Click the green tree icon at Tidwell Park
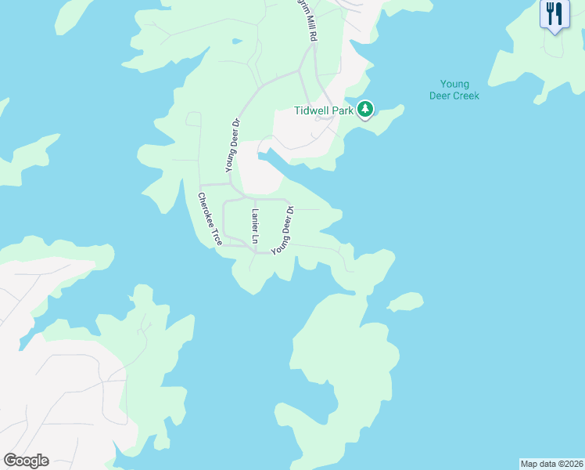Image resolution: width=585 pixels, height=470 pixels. [x=364, y=110]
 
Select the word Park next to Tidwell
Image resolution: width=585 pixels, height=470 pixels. [x=343, y=110]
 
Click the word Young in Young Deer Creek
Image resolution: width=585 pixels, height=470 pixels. [x=454, y=85]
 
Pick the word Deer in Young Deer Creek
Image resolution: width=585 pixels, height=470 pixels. [x=441, y=96]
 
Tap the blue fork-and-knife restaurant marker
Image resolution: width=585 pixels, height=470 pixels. [x=554, y=14]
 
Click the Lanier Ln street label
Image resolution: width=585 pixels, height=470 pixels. [x=254, y=225]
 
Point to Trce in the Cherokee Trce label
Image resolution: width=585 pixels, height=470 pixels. [x=217, y=237]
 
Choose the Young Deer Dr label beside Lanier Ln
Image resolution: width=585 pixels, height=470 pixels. [x=282, y=230]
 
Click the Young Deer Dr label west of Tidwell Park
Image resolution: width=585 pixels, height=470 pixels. [x=231, y=144]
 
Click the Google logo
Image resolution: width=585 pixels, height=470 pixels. [x=26, y=461]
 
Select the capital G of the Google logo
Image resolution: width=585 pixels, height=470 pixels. [x=10, y=460]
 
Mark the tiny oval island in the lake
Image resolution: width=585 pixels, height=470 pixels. [x=405, y=302]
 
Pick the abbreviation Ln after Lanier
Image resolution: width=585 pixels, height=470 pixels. [x=254, y=236]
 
